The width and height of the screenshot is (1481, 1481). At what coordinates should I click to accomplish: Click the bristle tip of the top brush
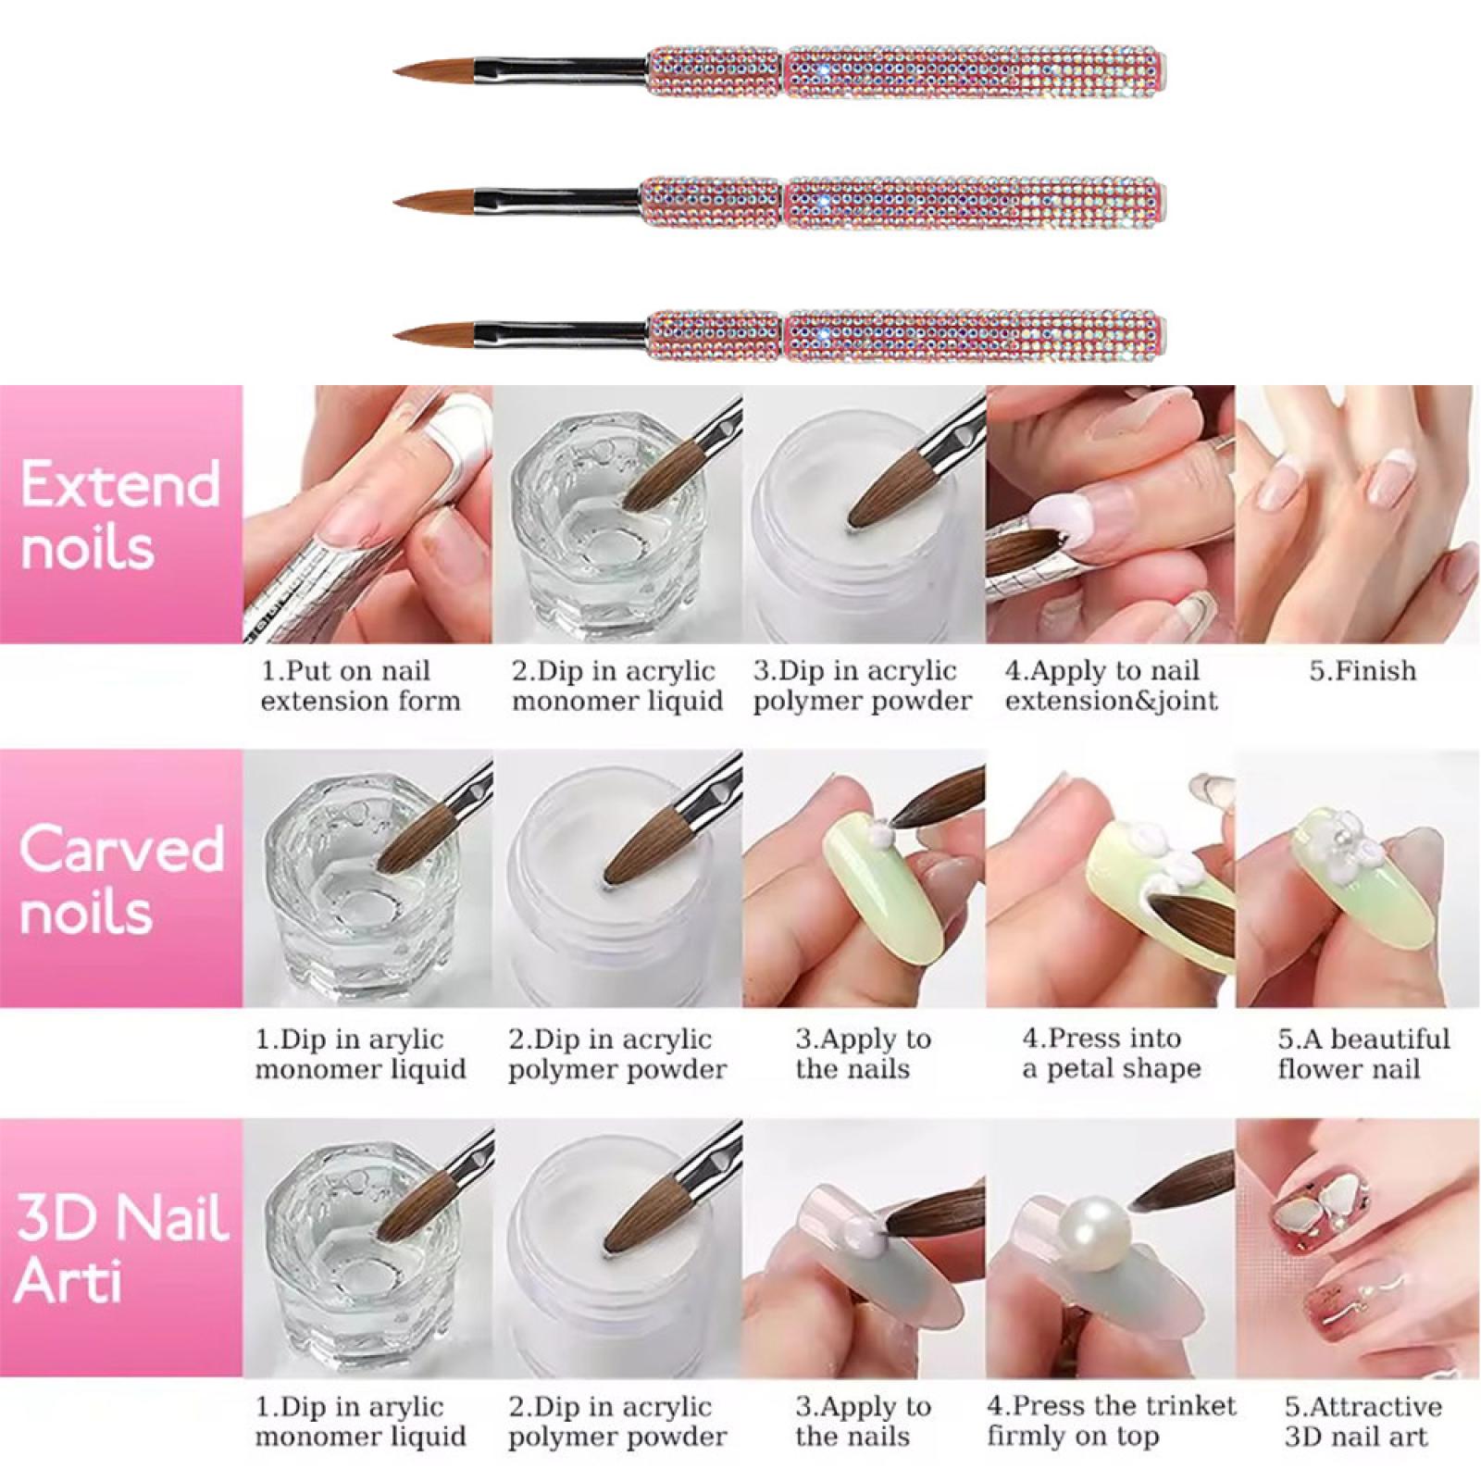(395, 72)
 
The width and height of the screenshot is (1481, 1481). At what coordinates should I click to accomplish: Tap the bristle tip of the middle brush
(395, 200)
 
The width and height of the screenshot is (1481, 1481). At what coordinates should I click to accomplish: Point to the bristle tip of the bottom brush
(395, 331)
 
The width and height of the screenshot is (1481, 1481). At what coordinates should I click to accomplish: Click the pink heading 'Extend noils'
(120, 515)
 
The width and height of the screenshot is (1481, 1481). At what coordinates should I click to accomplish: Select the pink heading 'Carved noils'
(121, 879)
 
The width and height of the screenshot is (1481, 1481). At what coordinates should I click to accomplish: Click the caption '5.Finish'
(1363, 670)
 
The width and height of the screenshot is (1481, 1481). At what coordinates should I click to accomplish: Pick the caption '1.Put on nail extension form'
(360, 685)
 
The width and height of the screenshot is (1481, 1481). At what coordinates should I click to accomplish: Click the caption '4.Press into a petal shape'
(1111, 1053)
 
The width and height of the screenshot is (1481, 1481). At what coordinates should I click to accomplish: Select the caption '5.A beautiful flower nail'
(1363, 1053)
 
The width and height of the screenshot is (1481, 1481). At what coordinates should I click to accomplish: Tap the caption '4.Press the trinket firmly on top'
(1111, 1421)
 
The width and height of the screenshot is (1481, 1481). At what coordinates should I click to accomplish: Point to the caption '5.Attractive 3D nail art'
(1363, 1421)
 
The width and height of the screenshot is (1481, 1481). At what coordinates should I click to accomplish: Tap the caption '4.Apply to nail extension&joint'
(1111, 685)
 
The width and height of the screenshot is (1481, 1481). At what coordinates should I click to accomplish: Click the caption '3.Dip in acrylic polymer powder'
(863, 685)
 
